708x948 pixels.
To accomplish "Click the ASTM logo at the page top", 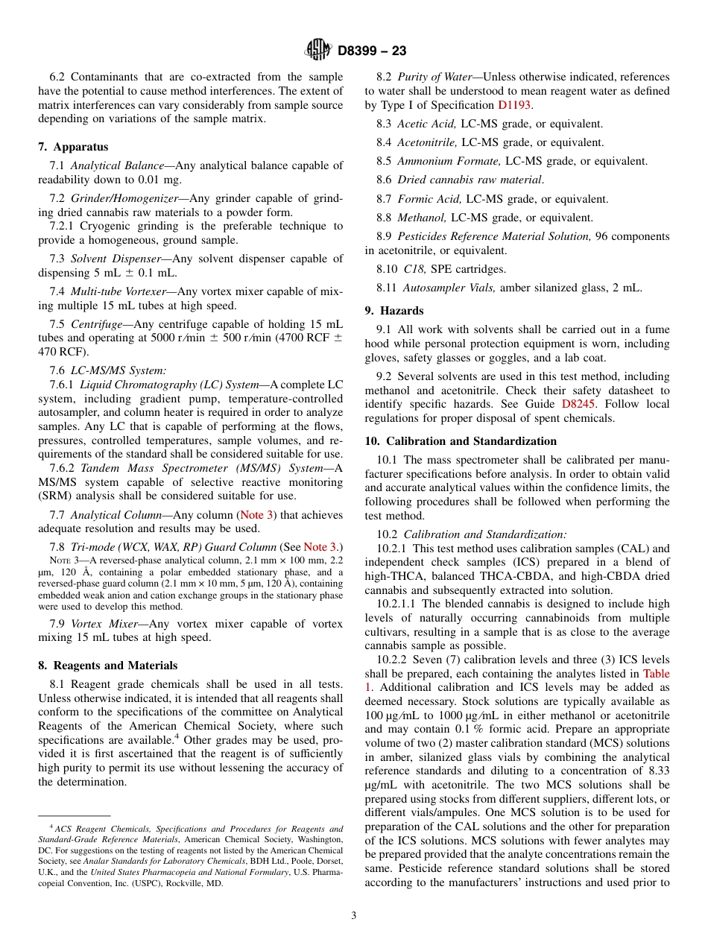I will pos(318,50).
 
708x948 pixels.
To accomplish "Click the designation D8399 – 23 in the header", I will pos(372,51).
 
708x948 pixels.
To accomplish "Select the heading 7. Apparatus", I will pos(73,147).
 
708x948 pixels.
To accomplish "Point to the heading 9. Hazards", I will pos(394,311).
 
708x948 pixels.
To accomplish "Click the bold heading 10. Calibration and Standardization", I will pos(461,441).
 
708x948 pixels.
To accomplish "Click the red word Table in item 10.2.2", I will pos(656,673).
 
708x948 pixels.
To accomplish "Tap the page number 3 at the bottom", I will pos(354,915).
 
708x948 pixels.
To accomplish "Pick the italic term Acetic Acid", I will pos(421,124).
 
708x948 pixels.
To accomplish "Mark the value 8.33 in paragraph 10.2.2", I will pos(657,771).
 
